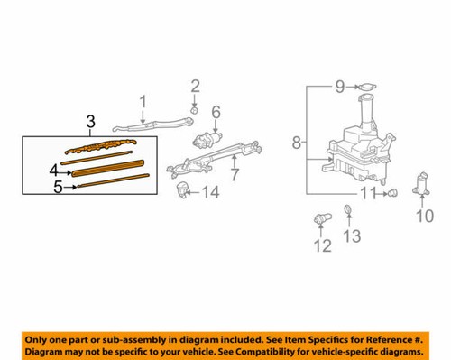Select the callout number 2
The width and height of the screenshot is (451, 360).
(195, 87)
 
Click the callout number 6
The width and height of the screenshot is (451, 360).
(216, 112)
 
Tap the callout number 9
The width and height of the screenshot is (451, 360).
(340, 87)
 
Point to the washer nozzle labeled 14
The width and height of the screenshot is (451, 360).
(184, 190)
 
